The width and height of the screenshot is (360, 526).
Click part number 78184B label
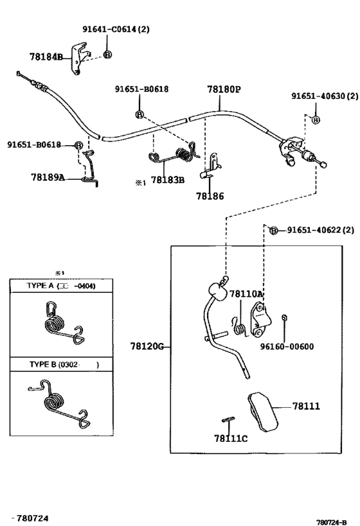pyautogui.click(x=46, y=57)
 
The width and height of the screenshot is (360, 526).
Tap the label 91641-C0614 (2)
pyautogui.click(x=116, y=29)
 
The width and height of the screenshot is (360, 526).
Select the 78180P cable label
pyautogui.click(x=224, y=89)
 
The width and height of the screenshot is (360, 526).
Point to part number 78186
pyautogui.click(x=210, y=196)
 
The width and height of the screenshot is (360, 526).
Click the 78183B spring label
pyautogui.click(x=168, y=180)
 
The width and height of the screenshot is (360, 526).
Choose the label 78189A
pyautogui.click(x=48, y=177)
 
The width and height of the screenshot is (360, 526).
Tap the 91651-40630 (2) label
pyautogui.click(x=325, y=96)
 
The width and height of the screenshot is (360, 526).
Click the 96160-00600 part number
pyautogui.click(x=287, y=347)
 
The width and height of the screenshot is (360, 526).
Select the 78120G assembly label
pyautogui.click(x=147, y=346)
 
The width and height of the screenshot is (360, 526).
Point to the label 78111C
pyautogui.click(x=231, y=438)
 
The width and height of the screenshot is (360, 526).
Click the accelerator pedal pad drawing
pyautogui.click(x=263, y=411)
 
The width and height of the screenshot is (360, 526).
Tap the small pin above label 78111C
pyautogui.click(x=228, y=419)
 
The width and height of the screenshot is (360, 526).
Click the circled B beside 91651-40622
pyautogui.click(x=274, y=231)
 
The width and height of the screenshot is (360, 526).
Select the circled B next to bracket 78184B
pyautogui.click(x=107, y=55)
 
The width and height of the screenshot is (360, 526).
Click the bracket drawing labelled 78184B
pyautogui.click(x=80, y=58)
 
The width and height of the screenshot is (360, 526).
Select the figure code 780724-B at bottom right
pyautogui.click(x=331, y=522)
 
